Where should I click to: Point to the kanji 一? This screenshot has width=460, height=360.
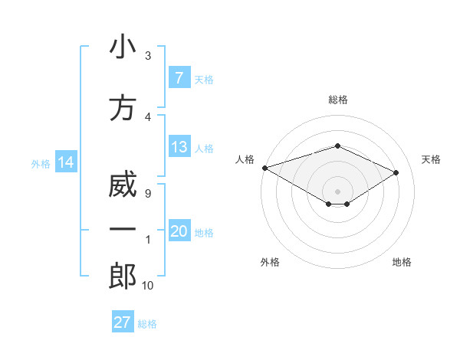pyautogui.click(x=123, y=231)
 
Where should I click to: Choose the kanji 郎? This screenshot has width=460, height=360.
pyautogui.click(x=123, y=276)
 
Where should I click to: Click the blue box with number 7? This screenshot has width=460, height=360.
pyautogui.click(x=179, y=78)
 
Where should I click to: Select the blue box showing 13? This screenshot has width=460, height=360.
pyautogui.click(x=179, y=147)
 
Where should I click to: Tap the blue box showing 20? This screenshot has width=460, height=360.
pyautogui.click(x=179, y=232)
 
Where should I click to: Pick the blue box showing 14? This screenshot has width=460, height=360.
pyautogui.click(x=65, y=162)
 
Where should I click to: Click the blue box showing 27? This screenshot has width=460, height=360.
pyautogui.click(x=123, y=322)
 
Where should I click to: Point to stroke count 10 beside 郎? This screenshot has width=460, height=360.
pyautogui.click(x=147, y=286)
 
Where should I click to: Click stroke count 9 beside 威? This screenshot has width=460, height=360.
pyautogui.click(x=147, y=194)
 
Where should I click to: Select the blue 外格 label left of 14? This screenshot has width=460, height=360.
pyautogui.click(x=40, y=163)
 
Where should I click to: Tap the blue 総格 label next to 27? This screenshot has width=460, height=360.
pyautogui.click(x=147, y=323)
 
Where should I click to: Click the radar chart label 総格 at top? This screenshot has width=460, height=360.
pyautogui.click(x=337, y=100)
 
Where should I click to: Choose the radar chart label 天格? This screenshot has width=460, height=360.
pyautogui.click(x=431, y=159)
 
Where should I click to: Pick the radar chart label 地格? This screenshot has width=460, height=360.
pyautogui.click(x=402, y=262)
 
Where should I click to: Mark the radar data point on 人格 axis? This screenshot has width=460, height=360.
pyautogui.click(x=264, y=167)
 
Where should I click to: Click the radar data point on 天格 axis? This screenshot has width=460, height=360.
pyautogui.click(x=396, y=172)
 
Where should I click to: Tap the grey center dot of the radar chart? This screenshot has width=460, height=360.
pyautogui.click(x=337, y=191)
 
